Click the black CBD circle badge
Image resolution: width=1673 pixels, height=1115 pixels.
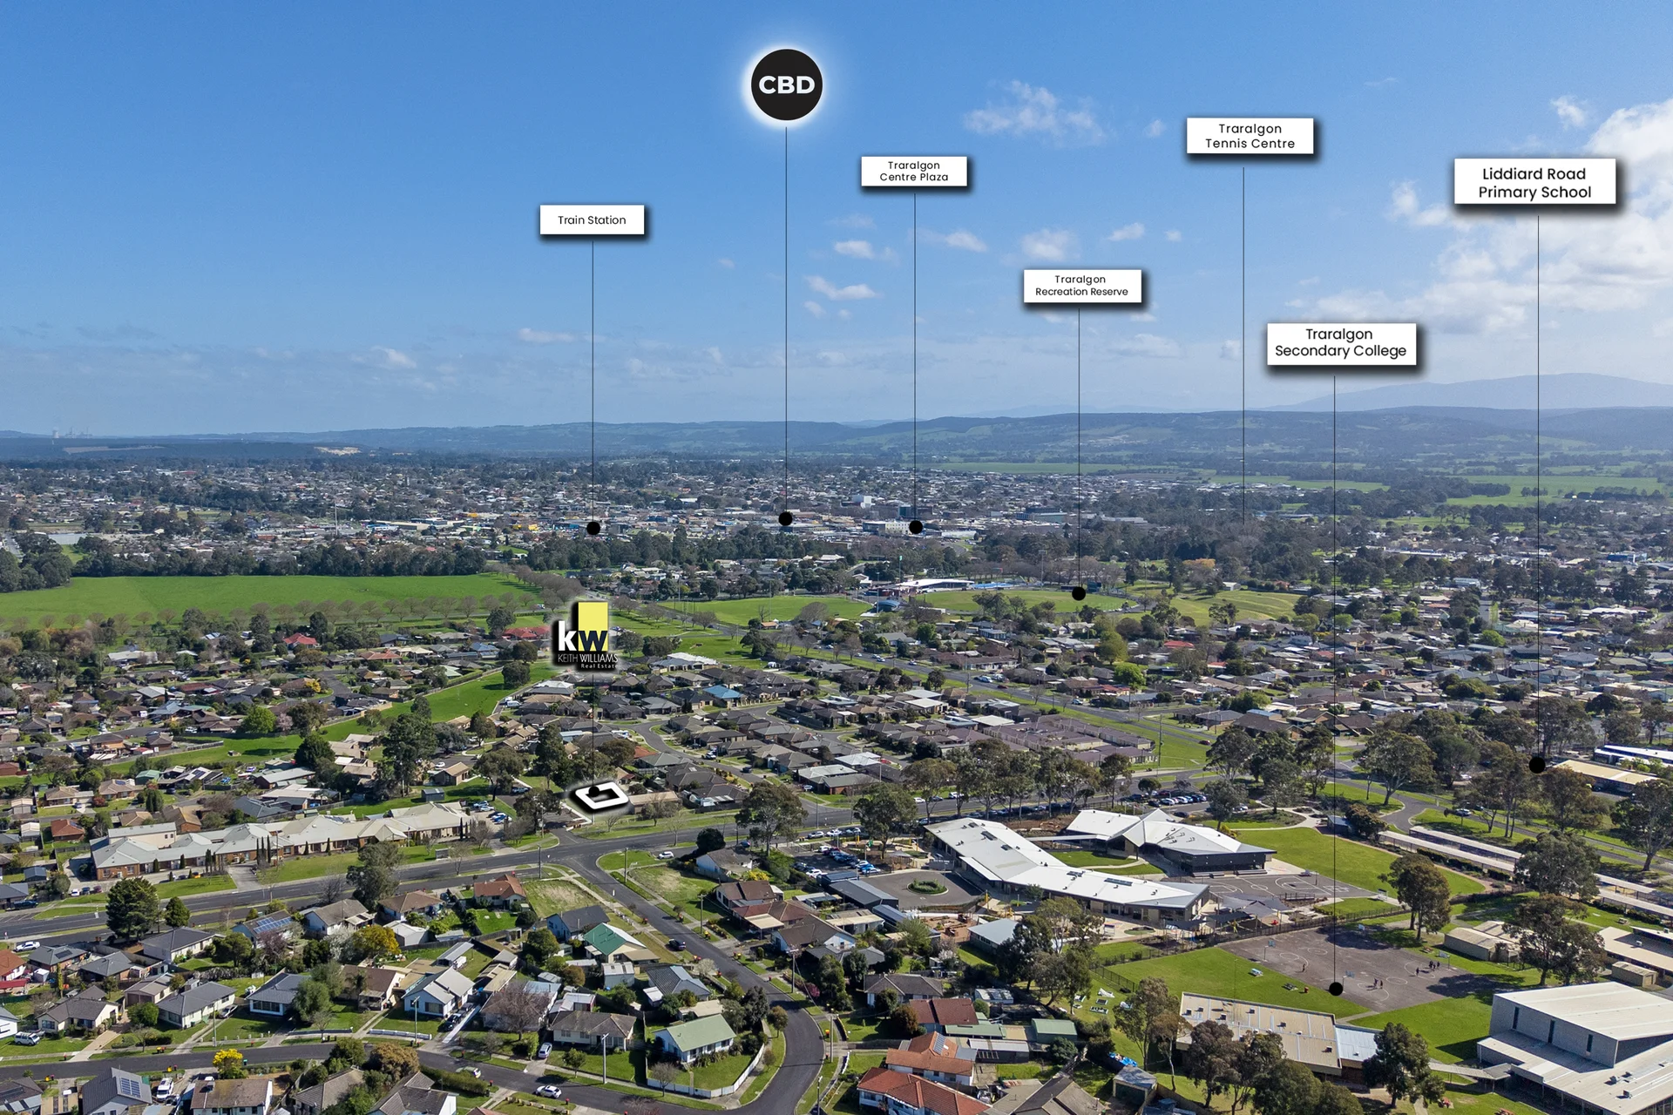coord(787,84)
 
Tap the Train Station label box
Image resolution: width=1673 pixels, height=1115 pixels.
coord(592,220)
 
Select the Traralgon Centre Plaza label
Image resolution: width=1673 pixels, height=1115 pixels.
coord(914,171)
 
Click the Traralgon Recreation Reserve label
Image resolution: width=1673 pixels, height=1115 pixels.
coord(1081,286)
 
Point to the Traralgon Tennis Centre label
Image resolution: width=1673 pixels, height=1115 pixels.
coord(1250,136)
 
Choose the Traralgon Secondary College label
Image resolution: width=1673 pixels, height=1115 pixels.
coord(1341,343)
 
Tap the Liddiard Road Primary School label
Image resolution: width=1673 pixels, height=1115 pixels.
coord(1534,182)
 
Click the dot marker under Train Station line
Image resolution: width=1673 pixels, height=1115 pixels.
coord(593,528)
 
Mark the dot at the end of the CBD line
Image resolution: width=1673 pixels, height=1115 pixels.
coord(786,518)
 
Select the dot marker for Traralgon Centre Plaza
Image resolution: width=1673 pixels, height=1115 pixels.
coord(916,527)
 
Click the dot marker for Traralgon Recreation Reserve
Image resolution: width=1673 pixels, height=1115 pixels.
coord(1079,594)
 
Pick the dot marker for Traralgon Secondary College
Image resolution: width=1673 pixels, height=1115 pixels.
coord(1336,989)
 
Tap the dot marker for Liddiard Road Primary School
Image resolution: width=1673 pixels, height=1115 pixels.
coord(1537,765)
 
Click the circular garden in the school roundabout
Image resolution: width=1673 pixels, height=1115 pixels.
coord(926,887)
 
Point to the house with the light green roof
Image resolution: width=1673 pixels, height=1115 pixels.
coord(695,1037)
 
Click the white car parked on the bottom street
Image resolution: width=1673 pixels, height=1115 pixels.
coord(548,1091)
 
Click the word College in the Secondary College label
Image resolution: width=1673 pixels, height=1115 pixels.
coord(1374,351)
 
